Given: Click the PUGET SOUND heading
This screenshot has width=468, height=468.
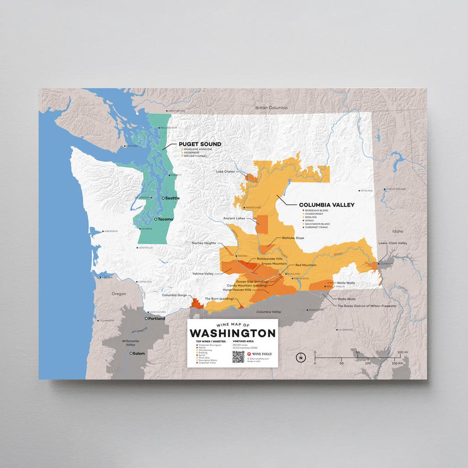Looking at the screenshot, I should pos(200,144).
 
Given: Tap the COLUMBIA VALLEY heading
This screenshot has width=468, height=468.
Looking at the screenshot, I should pos(326,205).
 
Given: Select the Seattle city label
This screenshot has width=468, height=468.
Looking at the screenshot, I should pos(172,198).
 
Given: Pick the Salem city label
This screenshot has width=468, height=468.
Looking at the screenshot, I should pos(139,353).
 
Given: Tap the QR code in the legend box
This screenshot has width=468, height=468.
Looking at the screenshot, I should pos(239,356).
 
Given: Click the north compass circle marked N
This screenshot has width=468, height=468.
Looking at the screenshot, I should pos(300,357).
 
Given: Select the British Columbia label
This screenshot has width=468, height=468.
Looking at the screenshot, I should pos(271,108).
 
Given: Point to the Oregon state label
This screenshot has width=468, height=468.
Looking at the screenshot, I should pos(119,294).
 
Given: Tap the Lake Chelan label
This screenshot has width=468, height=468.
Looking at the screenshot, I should pos(225,172).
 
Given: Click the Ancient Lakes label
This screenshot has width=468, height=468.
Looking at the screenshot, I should pos(234,218).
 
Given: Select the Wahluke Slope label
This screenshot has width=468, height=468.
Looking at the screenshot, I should pos(293,238).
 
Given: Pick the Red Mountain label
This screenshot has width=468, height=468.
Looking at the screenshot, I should pos(306,265).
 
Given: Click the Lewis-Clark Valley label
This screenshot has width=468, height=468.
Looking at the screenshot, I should pos(392,243).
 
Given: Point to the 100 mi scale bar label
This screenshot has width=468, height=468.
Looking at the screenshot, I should pos(403,352).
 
